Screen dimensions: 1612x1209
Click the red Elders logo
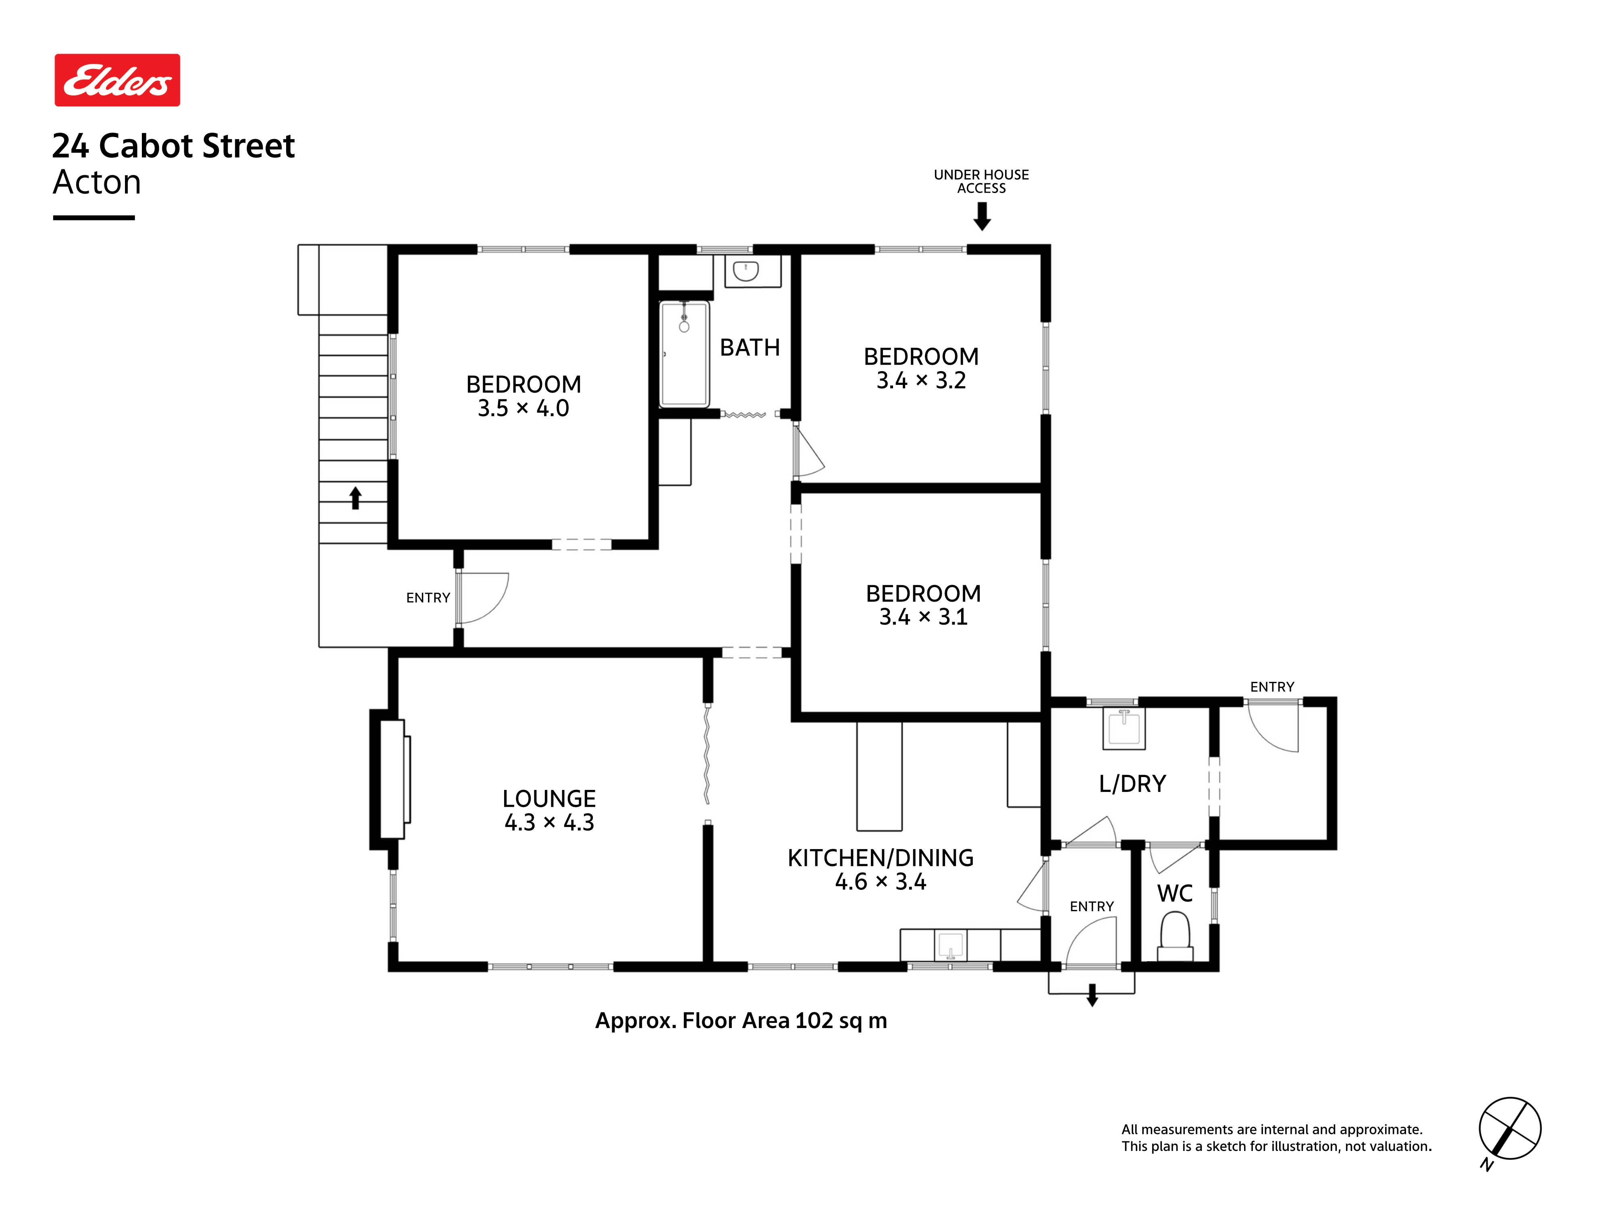[117, 80]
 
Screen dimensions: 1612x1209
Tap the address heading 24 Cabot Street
[173, 146]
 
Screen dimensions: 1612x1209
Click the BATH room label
[750, 348]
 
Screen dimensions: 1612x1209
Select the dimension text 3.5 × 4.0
[523, 408]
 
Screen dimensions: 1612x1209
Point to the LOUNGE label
[549, 799]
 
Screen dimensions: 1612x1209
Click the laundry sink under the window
[1124, 728]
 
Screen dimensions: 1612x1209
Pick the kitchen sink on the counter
[950, 945]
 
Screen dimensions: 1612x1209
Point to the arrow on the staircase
[355, 499]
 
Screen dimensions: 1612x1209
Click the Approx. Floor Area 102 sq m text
[741, 1021]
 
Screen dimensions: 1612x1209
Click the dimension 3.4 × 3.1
[923, 617]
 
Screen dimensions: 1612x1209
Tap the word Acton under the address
[97, 182]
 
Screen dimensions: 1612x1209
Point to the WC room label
[1175, 893]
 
